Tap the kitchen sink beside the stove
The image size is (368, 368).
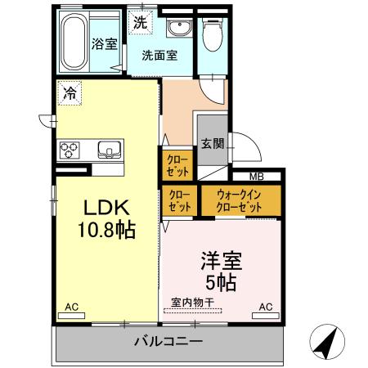click(x=108, y=150)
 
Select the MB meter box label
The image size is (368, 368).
click(x=257, y=176)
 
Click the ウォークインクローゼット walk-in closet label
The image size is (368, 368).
click(x=240, y=201)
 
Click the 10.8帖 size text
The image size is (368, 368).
click(x=106, y=229)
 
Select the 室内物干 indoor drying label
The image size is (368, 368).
click(x=192, y=303)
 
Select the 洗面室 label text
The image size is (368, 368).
click(x=158, y=56)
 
